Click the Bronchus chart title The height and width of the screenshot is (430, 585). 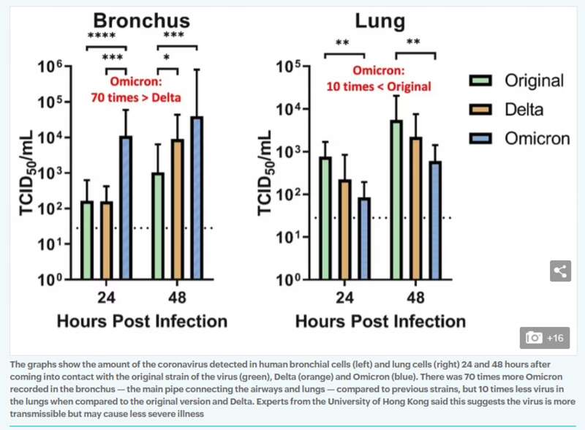(x=142, y=19)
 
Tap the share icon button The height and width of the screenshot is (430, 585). (x=560, y=271)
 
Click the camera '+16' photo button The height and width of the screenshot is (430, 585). (x=546, y=338)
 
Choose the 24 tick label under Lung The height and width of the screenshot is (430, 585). (x=344, y=298)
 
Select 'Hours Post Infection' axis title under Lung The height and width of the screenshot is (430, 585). (x=380, y=321)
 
